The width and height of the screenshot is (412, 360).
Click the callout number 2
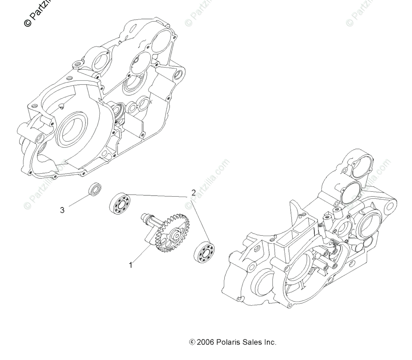(x=193, y=193)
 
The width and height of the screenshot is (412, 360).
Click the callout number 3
(x=62, y=210)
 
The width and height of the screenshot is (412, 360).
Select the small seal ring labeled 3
(x=95, y=189)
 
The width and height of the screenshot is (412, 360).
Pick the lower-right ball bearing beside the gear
(x=204, y=251)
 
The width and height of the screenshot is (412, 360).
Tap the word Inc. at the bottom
(x=269, y=342)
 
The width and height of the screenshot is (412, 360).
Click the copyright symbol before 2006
(x=192, y=342)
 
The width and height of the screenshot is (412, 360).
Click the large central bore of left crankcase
(x=73, y=128)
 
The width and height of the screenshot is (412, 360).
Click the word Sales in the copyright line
(x=251, y=342)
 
